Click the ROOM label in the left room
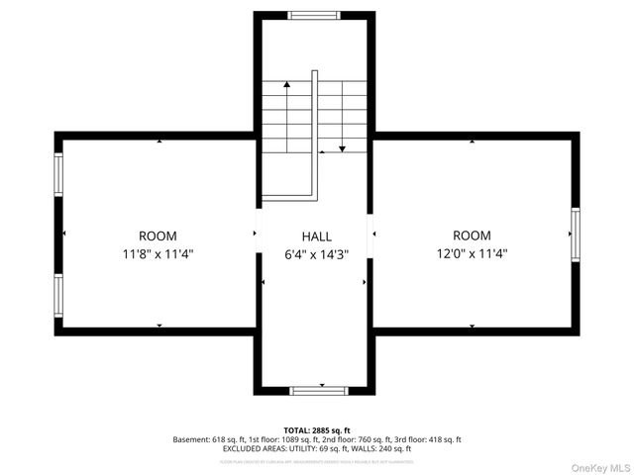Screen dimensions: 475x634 [158, 236]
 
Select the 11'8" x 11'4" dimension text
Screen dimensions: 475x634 [158, 253]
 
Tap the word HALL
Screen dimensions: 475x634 [317, 236]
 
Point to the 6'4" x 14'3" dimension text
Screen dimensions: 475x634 [317, 253]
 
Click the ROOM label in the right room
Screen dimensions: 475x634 [472, 236]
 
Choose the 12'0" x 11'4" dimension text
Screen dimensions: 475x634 [472, 253]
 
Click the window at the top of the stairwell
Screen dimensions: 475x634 [312, 16]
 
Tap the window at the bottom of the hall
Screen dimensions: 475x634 [319, 390]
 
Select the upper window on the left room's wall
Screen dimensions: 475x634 [58, 173]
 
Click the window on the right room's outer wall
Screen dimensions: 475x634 [575, 234]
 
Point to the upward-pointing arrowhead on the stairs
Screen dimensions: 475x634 [286, 86]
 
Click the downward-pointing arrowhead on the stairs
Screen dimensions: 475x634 [342, 148]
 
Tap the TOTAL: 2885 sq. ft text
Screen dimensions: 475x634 [317, 429]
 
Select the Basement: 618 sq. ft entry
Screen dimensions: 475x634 [209, 439]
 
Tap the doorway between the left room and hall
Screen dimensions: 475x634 [257, 234]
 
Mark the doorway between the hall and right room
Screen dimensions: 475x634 [372, 234]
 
